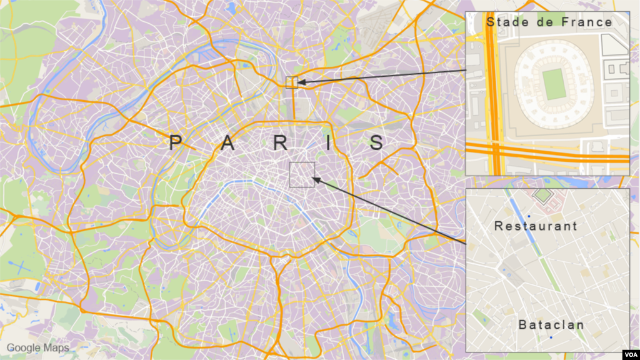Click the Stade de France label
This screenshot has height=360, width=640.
pyautogui.click(x=549, y=22)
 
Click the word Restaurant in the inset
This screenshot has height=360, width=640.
pyautogui.click(x=536, y=226)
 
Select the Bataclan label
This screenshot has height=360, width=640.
pyautogui.click(x=551, y=325)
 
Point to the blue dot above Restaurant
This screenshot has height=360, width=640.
pyautogui.click(x=529, y=216)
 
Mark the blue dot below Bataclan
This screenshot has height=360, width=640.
pyautogui.click(x=551, y=337)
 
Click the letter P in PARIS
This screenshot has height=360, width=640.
pyautogui.click(x=176, y=143)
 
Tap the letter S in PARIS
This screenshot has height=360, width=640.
pyautogui.click(x=376, y=143)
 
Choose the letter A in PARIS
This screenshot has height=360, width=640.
pyautogui.click(x=229, y=143)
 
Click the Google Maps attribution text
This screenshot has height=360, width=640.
pyautogui.click(x=37, y=347)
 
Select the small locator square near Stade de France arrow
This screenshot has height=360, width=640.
pyautogui.click(x=291, y=82)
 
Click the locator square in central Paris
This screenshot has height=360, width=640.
pyautogui.click(x=302, y=174)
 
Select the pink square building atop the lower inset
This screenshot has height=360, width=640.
pyautogui.click(x=542, y=196)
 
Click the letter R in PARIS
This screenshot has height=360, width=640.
pyautogui.click(x=281, y=143)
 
